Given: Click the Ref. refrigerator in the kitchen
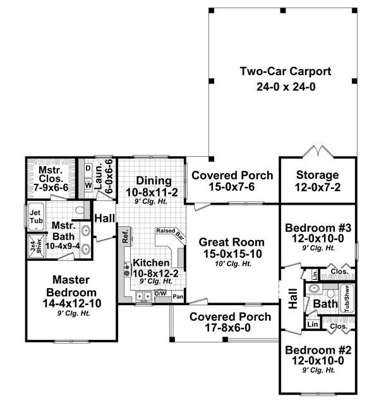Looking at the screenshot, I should tap(125, 238).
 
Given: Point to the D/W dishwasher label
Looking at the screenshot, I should tap(160, 294).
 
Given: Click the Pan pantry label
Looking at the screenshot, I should tap(178, 296).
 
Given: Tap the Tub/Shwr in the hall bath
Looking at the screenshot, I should tap(347, 298).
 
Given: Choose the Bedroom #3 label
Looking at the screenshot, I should tap(317, 228).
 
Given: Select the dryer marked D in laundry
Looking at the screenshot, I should tap(88, 168).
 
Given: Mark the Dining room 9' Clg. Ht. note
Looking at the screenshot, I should tap(152, 202).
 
